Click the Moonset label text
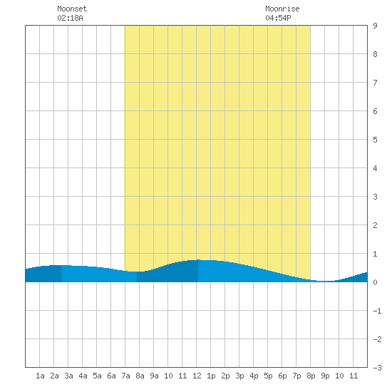72,9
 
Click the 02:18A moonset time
70,18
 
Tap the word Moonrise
282,9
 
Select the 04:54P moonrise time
278,18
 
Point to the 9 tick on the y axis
375,26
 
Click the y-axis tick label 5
375,140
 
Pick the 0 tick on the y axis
375,282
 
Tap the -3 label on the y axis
377,368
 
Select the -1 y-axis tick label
377,311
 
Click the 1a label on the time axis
40,376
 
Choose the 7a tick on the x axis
125,376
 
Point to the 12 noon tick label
197,376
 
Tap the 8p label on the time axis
311,376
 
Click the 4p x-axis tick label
254,376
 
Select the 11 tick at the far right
354,376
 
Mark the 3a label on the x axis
68,376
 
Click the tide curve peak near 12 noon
199,260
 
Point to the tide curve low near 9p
325,282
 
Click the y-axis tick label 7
375,83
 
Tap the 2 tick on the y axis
375,225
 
